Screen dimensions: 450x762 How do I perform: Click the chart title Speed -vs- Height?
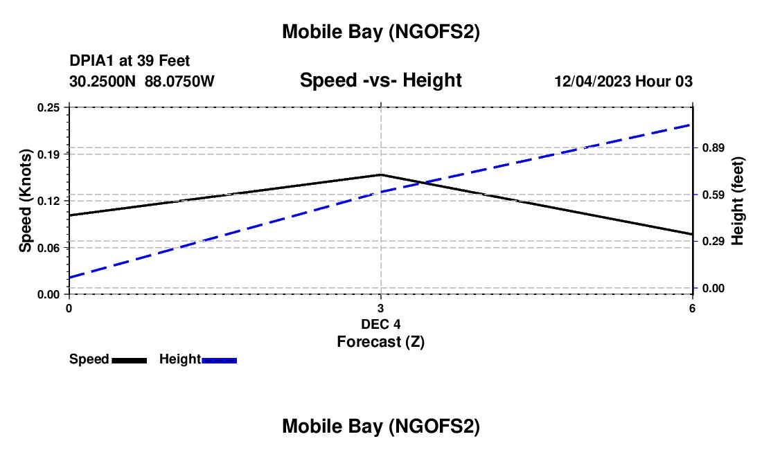coord(380,80)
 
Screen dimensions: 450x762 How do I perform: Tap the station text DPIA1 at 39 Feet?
coord(130,62)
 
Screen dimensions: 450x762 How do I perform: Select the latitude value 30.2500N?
coord(103,81)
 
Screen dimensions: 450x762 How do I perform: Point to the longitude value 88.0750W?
coord(179,81)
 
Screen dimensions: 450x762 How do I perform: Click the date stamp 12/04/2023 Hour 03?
coord(623,81)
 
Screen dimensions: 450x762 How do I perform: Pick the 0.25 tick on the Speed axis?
coord(49,107)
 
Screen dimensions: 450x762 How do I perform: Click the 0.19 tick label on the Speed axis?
coord(49,154)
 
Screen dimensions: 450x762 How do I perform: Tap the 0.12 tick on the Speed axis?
coord(49,201)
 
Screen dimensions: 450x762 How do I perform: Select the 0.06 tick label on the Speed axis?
coord(49,247)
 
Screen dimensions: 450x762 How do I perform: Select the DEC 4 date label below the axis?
coord(380,324)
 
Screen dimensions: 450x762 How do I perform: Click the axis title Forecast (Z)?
coord(380,341)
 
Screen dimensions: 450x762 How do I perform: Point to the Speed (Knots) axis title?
coord(26,201)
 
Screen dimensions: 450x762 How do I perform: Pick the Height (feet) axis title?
coord(737,201)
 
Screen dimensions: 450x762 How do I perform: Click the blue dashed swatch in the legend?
coord(220,360)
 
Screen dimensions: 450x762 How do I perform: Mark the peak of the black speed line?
coord(380,175)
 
